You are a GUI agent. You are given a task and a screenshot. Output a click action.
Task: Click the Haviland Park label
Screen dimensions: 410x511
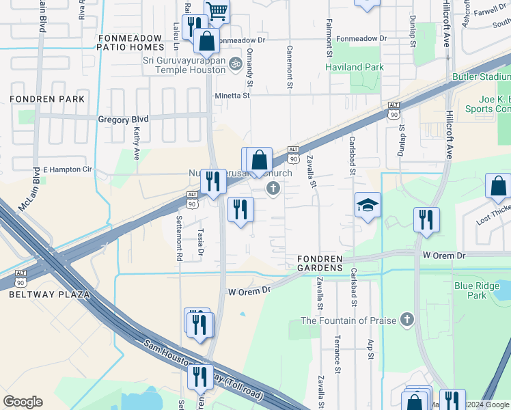pyautogui.click(x=355, y=67)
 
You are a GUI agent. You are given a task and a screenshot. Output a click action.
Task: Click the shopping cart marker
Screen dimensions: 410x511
pyautogui.click(x=217, y=10)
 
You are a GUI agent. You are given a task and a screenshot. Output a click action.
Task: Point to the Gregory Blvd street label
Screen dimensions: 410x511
pyautogui.click(x=123, y=120)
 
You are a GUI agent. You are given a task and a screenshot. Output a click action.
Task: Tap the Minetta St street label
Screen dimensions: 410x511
pyautogui.click(x=234, y=96)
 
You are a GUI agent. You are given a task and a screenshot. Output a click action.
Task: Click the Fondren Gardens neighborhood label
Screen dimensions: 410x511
pyautogui.click(x=319, y=262)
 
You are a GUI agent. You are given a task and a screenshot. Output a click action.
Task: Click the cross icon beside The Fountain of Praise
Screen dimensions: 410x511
pyautogui.click(x=407, y=319)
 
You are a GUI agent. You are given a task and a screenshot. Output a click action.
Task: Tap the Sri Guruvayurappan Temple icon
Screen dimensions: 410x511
pyautogui.click(x=235, y=63)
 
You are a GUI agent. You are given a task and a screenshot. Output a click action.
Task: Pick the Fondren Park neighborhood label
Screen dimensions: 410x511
pyautogui.click(x=47, y=99)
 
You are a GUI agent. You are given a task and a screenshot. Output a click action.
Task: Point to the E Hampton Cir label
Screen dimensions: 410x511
pyautogui.click(x=67, y=169)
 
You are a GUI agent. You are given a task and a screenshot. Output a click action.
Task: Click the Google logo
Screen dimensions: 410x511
pyautogui.click(x=23, y=402)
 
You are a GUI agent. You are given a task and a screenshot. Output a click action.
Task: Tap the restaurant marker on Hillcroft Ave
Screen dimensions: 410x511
pyautogui.click(x=426, y=220)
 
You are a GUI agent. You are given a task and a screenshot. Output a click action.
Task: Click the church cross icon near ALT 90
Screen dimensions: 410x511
pyautogui.click(x=273, y=188)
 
